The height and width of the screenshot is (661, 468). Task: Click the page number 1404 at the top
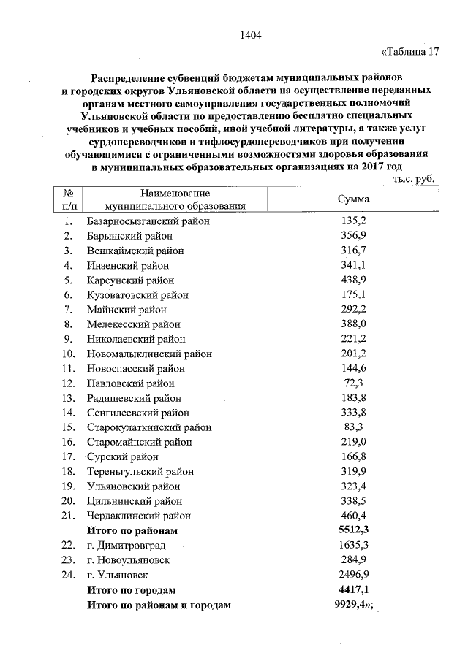(250, 35)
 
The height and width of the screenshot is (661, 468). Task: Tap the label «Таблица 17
(410, 51)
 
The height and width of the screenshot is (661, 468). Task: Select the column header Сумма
(353, 199)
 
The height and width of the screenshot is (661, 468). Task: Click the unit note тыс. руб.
(414, 178)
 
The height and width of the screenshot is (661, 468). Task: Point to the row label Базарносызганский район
(148, 221)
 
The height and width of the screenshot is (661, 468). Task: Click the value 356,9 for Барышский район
(354, 236)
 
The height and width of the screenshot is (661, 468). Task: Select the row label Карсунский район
(130, 280)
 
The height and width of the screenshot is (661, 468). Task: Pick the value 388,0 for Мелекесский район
(354, 324)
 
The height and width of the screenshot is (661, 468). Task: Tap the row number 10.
(67, 354)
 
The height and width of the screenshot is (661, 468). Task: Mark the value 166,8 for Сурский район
(354, 456)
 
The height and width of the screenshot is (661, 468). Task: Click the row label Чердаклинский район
(135, 515)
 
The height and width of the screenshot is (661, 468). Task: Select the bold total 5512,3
(354, 530)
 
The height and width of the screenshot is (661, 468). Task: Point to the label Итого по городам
(132, 589)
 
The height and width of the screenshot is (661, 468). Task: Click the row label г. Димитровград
(126, 545)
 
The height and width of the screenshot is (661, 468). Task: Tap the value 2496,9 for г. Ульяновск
(354, 575)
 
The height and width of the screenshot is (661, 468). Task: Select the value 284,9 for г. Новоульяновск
(354, 559)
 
